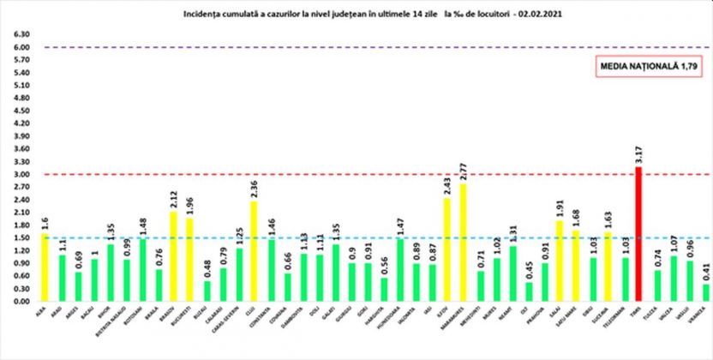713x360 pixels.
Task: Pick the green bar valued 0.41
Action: pyautogui.click(x=705, y=292)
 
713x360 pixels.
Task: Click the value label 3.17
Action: pyautogui.click(x=638, y=154)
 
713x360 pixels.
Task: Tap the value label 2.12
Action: pyautogui.click(x=175, y=198)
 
